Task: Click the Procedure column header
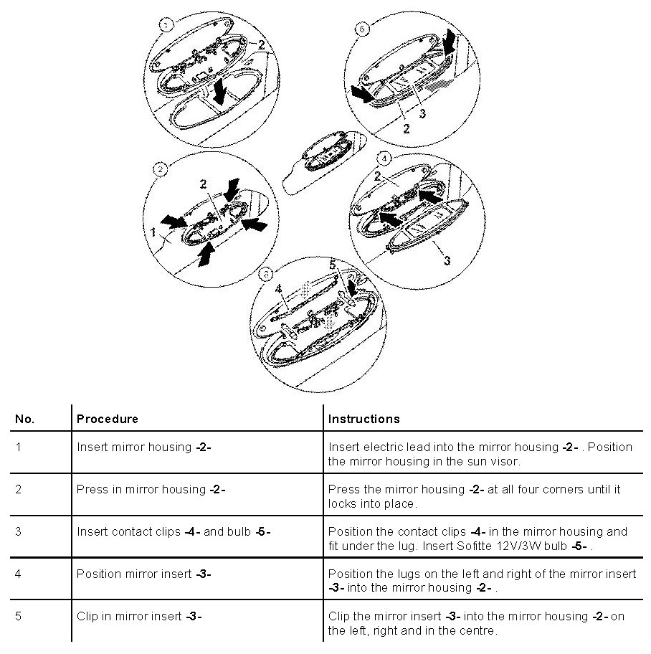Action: (x=108, y=418)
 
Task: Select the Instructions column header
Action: (x=363, y=418)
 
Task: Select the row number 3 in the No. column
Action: (x=18, y=531)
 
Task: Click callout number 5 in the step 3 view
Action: (x=332, y=265)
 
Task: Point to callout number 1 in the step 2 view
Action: (x=152, y=233)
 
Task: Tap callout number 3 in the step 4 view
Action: (x=447, y=260)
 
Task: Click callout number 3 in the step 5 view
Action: (x=422, y=114)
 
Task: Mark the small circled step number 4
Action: (x=385, y=157)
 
